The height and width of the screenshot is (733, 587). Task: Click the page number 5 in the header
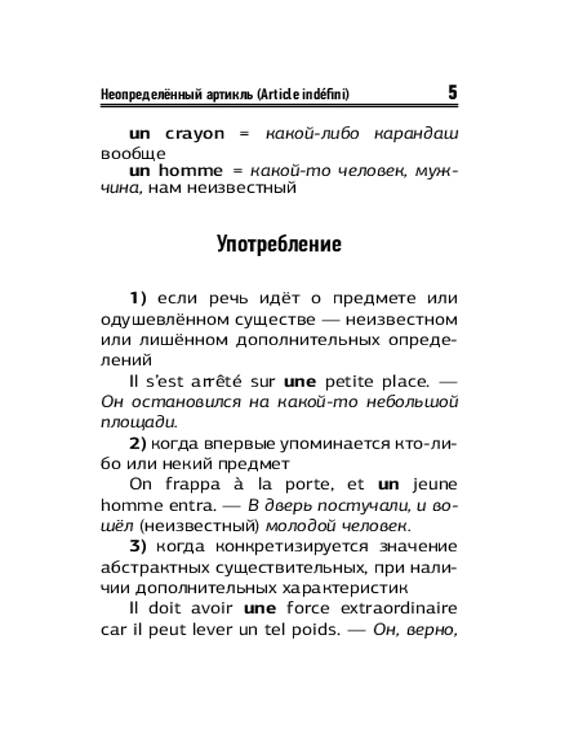[451, 93]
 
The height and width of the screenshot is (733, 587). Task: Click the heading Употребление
[279, 244]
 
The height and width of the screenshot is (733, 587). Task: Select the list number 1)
[139, 298]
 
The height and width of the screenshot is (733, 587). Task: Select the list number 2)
[139, 443]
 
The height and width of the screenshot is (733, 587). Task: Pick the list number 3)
[139, 547]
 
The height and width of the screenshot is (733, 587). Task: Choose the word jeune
[435, 485]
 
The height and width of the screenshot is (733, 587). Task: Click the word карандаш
[417, 133]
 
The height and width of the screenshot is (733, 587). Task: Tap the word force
[309, 608]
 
